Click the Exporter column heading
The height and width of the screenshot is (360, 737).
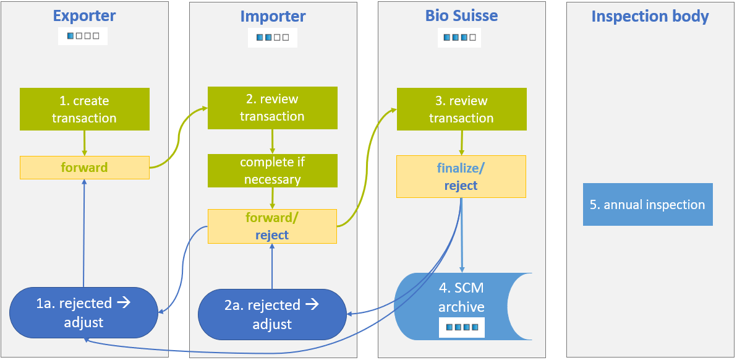(84, 15)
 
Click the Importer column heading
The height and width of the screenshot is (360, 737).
(273, 16)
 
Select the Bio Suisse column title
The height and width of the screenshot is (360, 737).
(461, 15)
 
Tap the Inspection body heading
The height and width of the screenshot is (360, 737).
(650, 16)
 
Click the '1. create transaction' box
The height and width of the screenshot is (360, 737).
(85, 109)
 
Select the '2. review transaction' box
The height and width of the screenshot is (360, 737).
(272, 108)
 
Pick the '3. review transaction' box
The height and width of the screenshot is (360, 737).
(461, 109)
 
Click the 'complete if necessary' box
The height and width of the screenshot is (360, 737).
(272, 171)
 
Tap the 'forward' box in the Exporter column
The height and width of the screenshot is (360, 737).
(85, 167)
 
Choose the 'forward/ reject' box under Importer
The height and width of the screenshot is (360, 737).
(272, 226)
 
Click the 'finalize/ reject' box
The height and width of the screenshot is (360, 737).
(461, 176)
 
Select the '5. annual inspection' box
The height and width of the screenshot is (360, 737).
(647, 204)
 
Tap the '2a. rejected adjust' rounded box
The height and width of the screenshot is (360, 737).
(272, 314)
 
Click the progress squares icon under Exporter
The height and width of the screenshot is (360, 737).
(83, 36)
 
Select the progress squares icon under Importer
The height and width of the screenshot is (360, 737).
(273, 37)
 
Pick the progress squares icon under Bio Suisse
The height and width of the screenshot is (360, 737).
(459, 37)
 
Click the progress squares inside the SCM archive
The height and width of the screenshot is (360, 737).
(461, 327)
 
